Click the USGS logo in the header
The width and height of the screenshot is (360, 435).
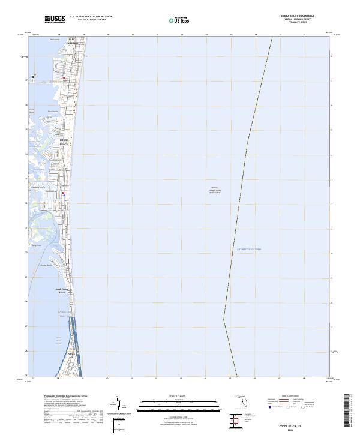click(x=55, y=19)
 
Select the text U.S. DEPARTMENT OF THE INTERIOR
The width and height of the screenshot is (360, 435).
click(x=91, y=16)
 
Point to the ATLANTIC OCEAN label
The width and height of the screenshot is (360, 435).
click(x=249, y=248)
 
